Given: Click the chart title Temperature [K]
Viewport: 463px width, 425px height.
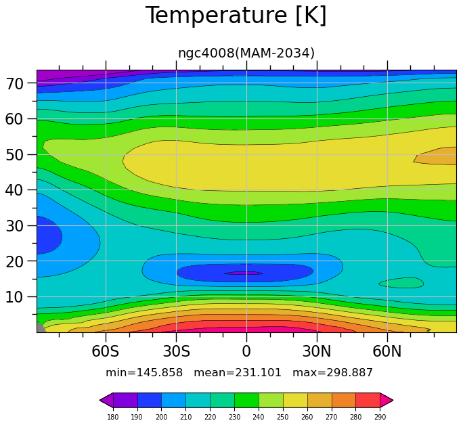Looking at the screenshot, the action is coord(236,16).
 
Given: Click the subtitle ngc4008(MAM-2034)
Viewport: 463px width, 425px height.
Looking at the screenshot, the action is coord(246,53).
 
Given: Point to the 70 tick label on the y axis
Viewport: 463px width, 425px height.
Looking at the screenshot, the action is coord(14,84).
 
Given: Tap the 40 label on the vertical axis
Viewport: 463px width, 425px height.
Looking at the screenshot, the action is coord(14,190).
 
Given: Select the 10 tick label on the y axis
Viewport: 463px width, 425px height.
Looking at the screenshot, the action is coord(14,297).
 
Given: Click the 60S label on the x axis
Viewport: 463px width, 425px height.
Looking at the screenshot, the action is coord(106,351).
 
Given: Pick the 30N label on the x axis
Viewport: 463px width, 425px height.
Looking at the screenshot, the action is coord(317,351).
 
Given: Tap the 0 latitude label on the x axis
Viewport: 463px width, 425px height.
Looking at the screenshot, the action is coord(246,351).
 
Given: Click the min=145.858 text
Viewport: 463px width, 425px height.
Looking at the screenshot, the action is coord(144,373).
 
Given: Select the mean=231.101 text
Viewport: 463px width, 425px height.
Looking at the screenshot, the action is coord(238,373).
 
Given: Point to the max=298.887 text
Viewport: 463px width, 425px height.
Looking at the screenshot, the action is coord(332,373).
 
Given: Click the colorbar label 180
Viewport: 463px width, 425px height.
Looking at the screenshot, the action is coord(113,417).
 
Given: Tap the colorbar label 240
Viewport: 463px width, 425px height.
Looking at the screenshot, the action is coord(259,417).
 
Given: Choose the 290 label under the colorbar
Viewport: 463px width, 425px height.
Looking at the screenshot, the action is coord(380,417).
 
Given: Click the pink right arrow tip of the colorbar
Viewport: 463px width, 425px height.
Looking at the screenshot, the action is coord(393,401).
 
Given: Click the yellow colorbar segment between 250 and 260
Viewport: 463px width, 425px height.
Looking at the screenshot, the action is coord(295,401).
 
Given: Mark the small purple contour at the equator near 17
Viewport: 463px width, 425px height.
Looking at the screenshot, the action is coord(243,273).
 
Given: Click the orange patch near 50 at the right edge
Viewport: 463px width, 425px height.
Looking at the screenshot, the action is coord(437,156).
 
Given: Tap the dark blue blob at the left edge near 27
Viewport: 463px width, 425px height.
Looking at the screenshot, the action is coord(49,235).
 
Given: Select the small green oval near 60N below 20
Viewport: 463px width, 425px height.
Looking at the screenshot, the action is coord(401,283).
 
